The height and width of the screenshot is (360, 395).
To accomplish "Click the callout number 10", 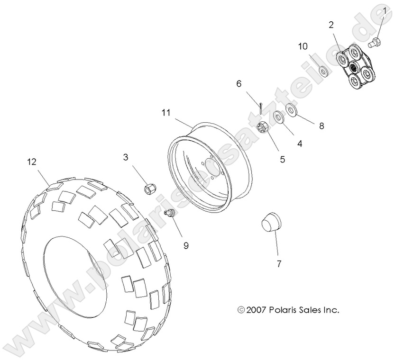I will coord(303,46).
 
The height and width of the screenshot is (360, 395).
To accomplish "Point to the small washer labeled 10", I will coord(324,72).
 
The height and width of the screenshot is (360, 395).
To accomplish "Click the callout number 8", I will coord(322,126).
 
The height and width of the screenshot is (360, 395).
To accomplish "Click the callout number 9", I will coord(186,245).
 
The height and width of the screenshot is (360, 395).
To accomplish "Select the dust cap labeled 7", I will coord(270,222).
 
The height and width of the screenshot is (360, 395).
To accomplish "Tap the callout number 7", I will coord(279,264).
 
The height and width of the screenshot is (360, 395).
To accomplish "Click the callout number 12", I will coord(32,162).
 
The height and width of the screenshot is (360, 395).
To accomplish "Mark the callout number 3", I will coord(126,157).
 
